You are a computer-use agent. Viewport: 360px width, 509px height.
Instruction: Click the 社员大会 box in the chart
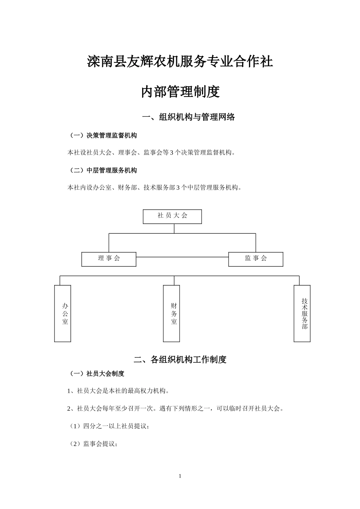point(172,216)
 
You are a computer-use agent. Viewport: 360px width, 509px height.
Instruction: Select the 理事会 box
point(109,259)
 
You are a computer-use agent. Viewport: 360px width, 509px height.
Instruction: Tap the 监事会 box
point(256,259)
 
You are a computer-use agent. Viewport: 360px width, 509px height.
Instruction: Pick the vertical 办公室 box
point(63,314)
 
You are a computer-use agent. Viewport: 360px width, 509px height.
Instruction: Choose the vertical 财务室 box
point(172,314)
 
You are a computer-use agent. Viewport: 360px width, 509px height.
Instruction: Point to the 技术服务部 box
point(302,314)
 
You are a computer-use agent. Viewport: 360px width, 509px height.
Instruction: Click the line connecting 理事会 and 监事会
point(182,257)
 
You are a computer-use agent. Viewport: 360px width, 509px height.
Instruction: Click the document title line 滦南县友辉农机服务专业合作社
point(180,62)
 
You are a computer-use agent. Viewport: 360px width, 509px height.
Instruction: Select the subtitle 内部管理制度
point(180,92)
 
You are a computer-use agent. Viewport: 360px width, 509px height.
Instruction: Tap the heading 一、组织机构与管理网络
point(188,117)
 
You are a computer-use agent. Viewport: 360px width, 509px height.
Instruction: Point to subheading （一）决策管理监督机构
point(102,135)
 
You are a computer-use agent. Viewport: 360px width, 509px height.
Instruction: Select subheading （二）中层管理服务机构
point(102,170)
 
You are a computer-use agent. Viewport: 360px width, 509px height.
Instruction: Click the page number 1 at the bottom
point(180,476)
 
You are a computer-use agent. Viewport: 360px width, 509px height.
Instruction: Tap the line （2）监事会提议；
point(93,444)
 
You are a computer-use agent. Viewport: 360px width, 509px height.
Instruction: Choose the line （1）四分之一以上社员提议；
point(108,426)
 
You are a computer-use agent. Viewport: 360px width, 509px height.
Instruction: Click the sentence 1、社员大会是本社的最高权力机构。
point(118,391)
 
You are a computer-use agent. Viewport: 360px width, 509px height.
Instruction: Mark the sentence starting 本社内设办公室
point(155,187)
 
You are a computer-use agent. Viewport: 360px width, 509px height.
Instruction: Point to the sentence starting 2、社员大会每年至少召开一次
point(175,409)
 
